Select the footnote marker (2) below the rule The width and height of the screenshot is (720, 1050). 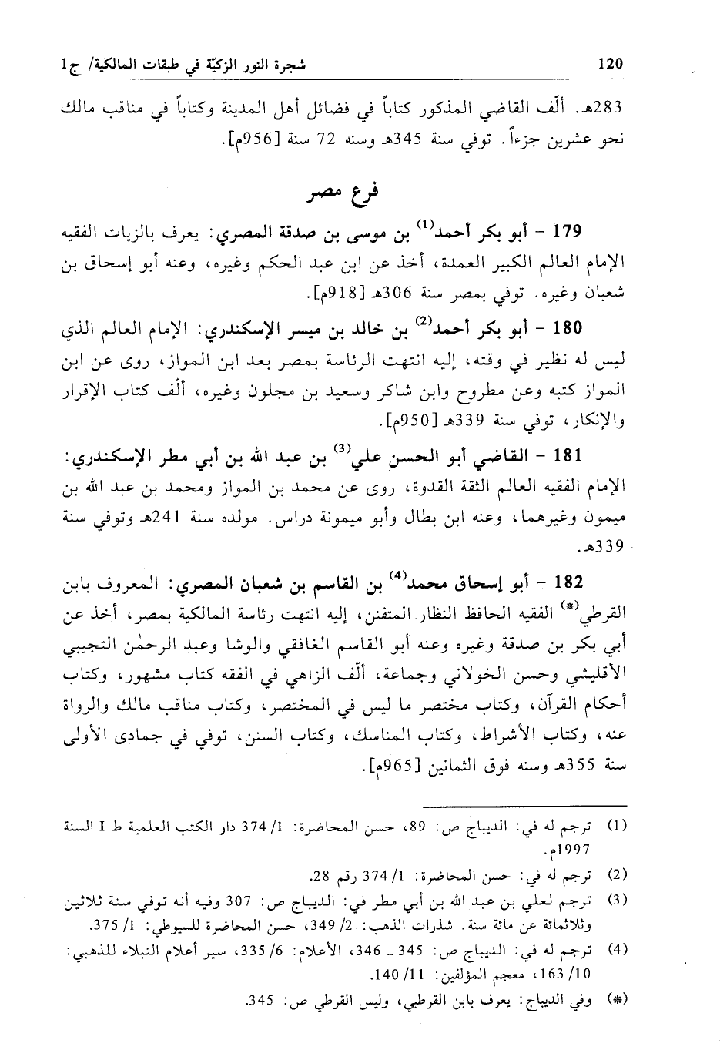(617, 874)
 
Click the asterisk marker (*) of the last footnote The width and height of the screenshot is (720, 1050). (617, 999)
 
